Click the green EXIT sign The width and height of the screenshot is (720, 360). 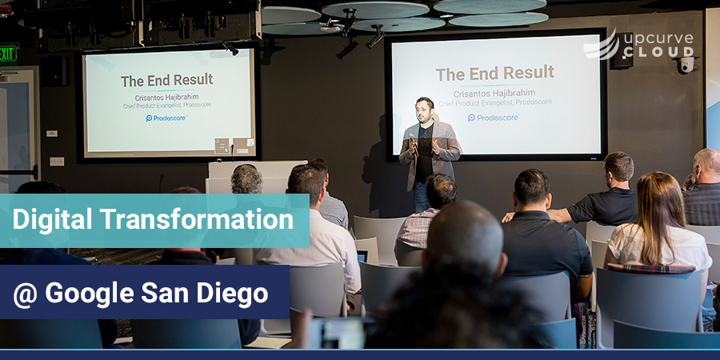pyautogui.click(x=7, y=54)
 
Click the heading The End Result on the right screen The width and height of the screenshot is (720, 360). pyautogui.click(x=494, y=74)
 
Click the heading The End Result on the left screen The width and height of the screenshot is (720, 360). pyautogui.click(x=166, y=81)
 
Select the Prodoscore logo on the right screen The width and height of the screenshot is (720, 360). pyautogui.click(x=494, y=118)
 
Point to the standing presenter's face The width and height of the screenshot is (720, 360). pyautogui.click(x=424, y=110)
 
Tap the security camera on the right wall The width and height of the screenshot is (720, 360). pyautogui.click(x=686, y=64)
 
